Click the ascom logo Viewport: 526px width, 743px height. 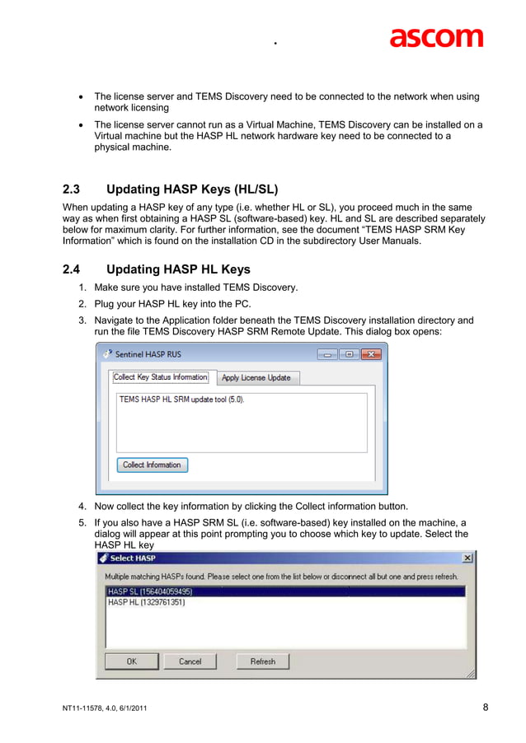tap(436, 37)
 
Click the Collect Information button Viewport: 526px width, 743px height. tap(152, 465)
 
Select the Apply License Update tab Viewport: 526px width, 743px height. tap(256, 377)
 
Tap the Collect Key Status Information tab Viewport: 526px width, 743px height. tap(161, 376)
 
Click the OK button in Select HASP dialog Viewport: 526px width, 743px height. tap(132, 661)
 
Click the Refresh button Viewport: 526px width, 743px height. tap(263, 661)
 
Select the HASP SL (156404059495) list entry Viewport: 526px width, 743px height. tap(149, 591)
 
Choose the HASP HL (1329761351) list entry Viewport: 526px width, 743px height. tap(147, 602)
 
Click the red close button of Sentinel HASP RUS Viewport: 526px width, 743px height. tap(371, 354)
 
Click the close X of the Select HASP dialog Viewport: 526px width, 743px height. tap(467, 558)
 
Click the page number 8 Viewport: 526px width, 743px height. tap(486, 707)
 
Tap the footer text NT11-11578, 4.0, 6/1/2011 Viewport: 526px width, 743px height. tap(105, 708)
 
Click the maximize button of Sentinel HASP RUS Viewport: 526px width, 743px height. tap(349, 354)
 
